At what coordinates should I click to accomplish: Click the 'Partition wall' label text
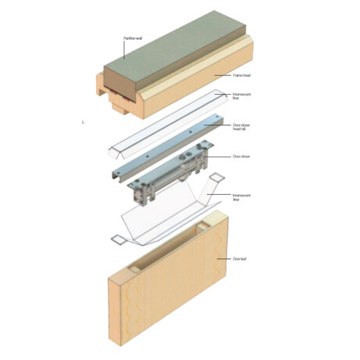pos(134,38)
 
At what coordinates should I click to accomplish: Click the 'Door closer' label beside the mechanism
pos(241,156)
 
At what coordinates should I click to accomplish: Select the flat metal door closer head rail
pos(157,145)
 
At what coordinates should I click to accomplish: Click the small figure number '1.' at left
pos(82,121)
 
